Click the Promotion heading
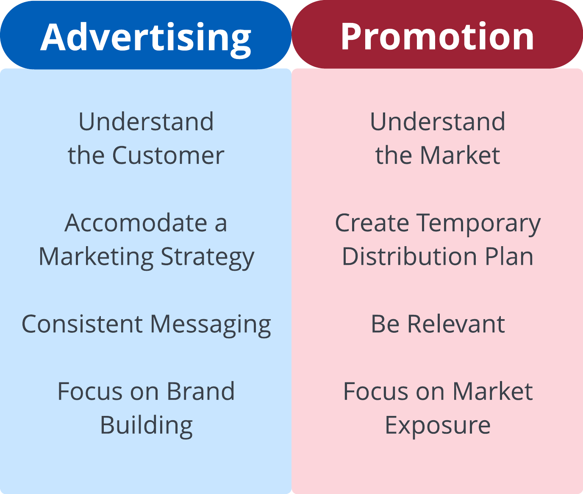[437, 36]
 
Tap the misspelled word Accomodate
[136, 223]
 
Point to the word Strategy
[207, 258]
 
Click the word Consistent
[82, 324]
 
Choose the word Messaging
[211, 326]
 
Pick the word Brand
[200, 391]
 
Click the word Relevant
[456, 324]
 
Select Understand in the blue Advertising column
[146, 121]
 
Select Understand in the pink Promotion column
[437, 121]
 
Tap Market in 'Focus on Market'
[493, 391]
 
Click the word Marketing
[96, 258]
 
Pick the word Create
[372, 223]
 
